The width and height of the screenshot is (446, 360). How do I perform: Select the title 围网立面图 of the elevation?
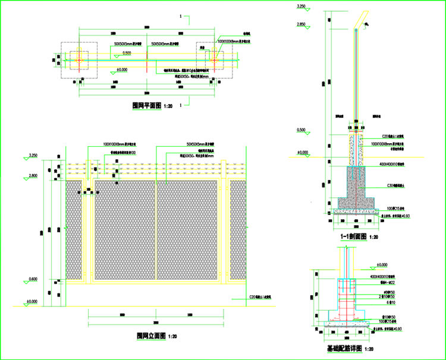click(151, 336)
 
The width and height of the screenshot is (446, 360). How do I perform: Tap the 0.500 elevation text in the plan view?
click(127, 53)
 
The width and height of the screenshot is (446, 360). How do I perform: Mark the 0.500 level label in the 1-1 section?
click(301, 130)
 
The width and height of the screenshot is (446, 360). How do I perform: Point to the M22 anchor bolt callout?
click(379, 282)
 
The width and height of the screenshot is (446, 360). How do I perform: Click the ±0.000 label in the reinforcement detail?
click(379, 264)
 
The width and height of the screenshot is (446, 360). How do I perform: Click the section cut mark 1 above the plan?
click(180, 17)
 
